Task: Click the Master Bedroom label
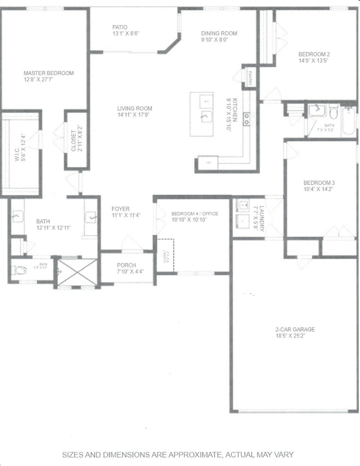(49, 73)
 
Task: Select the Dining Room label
(219, 33)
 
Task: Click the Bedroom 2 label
(314, 54)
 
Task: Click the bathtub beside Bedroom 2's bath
(350, 121)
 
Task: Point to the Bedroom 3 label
(319, 183)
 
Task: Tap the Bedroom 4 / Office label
(194, 214)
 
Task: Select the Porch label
(126, 265)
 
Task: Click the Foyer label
(121, 209)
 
